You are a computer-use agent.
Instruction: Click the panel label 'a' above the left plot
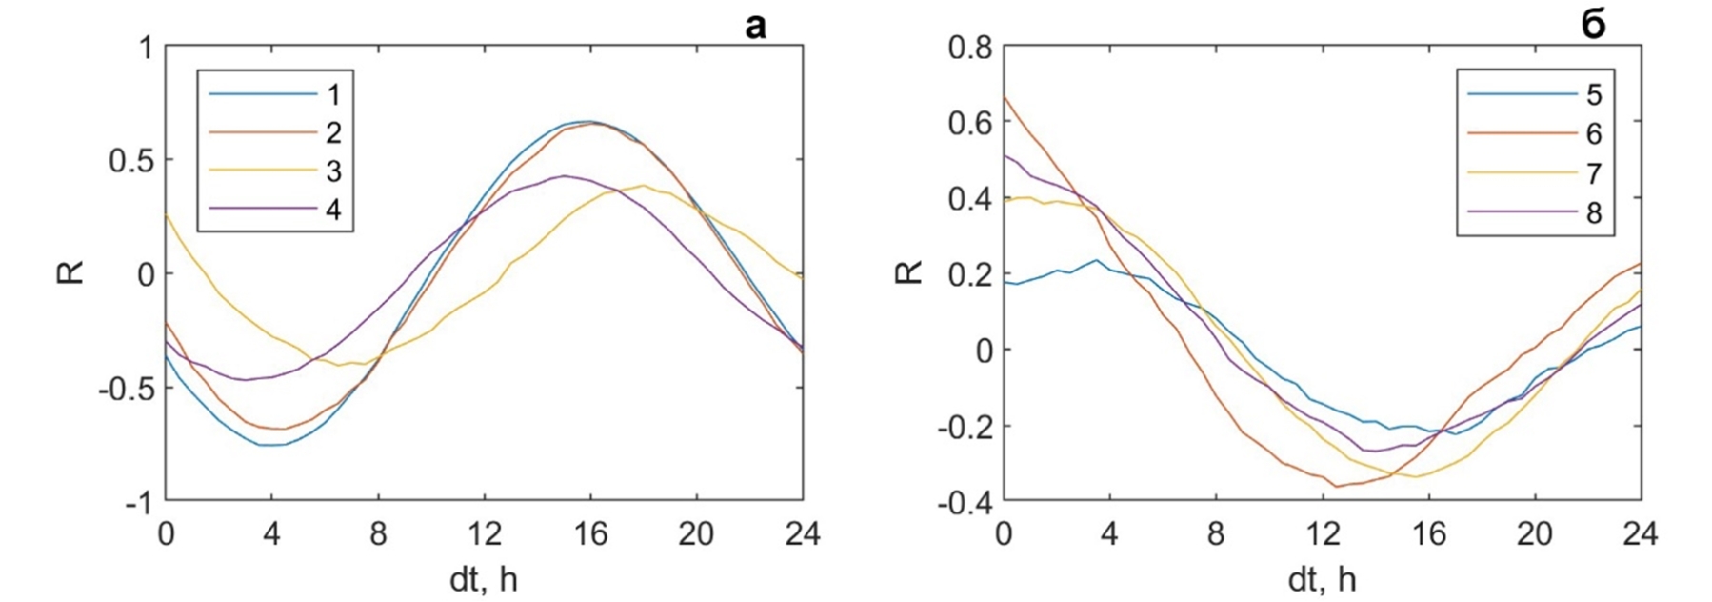tap(754, 27)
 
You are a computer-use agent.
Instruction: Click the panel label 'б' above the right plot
tap(1592, 26)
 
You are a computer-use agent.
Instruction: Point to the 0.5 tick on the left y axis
tap(132, 160)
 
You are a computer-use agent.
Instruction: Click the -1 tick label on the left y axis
tap(139, 502)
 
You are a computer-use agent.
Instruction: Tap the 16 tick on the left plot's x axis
tap(590, 534)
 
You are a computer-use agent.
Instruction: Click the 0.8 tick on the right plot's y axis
tap(970, 46)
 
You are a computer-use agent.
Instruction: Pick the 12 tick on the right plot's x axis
tap(1321, 534)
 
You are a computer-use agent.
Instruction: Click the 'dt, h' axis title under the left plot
tap(484, 579)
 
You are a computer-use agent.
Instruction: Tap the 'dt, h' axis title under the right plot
tap(1322, 579)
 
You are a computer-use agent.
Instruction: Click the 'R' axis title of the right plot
tap(910, 272)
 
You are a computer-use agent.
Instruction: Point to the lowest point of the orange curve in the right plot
tap(1338, 487)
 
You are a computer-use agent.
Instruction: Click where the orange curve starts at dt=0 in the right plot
tap(1004, 96)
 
